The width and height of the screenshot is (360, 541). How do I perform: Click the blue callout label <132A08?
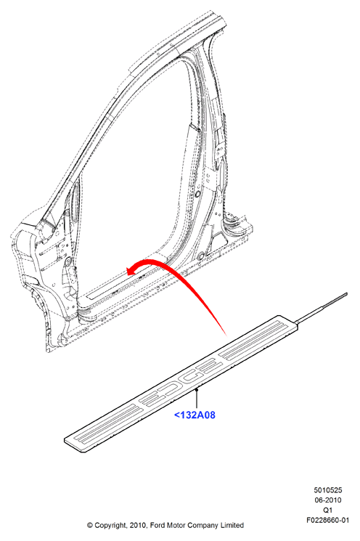coord(195,415)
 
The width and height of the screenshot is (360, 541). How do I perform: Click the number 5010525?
coord(327,490)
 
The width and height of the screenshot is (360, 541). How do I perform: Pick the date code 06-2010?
coord(327,500)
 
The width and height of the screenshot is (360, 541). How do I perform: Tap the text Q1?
coord(327,510)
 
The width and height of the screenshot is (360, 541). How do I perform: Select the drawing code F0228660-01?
coord(327,520)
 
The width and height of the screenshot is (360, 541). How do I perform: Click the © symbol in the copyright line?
coord(90,526)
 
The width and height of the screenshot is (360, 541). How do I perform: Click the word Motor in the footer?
coord(177,526)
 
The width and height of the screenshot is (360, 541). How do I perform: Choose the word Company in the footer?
coord(203,526)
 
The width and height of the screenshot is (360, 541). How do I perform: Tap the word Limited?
coord(232,526)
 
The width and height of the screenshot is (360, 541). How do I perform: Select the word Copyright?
coord(111,526)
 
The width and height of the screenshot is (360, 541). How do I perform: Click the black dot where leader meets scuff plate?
coord(196,389)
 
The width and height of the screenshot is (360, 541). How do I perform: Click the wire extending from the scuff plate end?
coord(322,307)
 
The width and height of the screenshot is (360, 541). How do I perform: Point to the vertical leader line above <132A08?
coord(196,399)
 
